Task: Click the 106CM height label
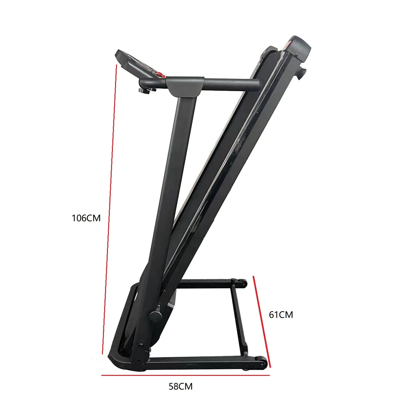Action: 86,218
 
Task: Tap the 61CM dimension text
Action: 281,315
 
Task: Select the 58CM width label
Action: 181,386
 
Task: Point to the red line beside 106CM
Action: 109,209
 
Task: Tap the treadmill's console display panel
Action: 136,63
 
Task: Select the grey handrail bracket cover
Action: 185,87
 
